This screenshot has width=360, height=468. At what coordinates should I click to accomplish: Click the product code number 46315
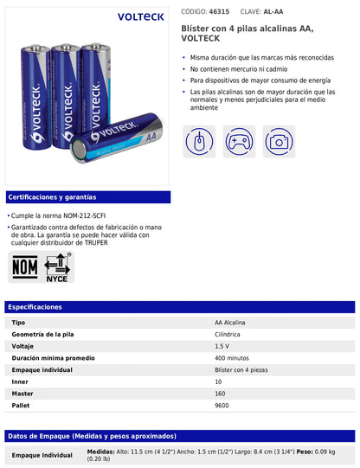[220, 12]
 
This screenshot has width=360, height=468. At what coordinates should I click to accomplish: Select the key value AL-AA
[273, 12]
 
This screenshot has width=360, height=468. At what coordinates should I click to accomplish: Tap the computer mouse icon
[200, 141]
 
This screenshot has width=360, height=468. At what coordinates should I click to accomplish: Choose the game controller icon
[240, 141]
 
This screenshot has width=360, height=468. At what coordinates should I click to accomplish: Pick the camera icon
[279, 141]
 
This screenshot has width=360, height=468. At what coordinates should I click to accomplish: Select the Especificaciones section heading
[34, 307]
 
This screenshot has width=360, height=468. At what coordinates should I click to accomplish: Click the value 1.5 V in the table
[222, 345]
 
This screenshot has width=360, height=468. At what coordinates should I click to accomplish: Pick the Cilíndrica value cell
[228, 334]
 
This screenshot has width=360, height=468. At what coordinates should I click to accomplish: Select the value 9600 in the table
[222, 405]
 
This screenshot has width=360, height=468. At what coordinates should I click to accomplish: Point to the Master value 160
[221, 393]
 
